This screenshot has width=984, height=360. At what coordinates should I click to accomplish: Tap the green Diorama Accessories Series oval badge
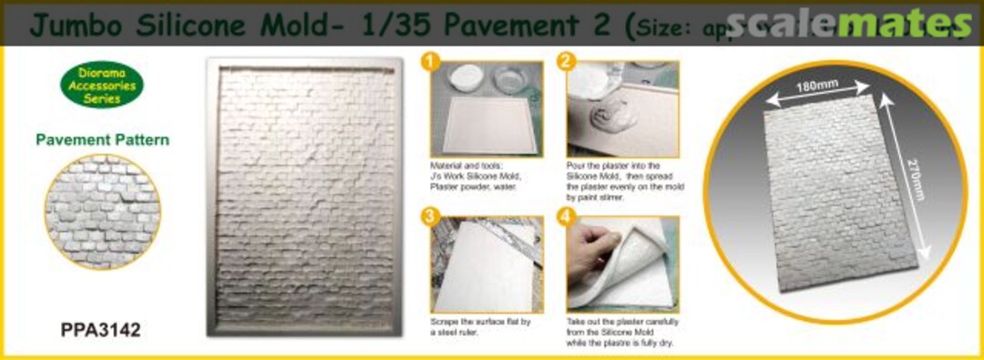click(102, 85)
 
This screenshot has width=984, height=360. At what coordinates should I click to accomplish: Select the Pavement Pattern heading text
click(102, 140)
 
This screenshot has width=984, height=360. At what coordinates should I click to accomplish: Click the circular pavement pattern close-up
click(101, 211)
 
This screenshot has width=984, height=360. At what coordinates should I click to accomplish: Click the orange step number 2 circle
click(567, 63)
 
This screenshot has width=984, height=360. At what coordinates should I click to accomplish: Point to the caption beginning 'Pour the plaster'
click(625, 179)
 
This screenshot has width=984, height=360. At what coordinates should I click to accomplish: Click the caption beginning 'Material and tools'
click(478, 176)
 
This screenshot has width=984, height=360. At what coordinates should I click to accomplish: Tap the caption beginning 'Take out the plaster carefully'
click(624, 334)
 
